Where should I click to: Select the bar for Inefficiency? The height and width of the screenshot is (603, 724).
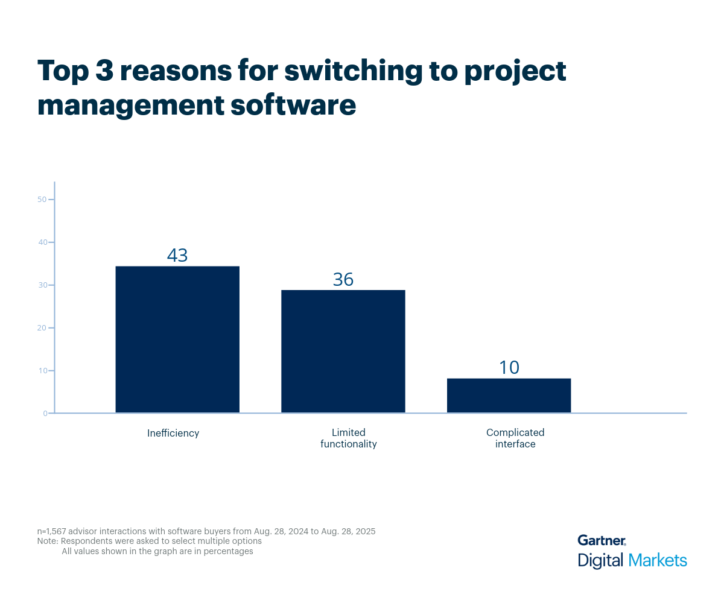[x=177, y=339]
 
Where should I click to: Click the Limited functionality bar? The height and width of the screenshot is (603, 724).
[x=343, y=352]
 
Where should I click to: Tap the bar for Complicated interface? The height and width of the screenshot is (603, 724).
[x=509, y=396]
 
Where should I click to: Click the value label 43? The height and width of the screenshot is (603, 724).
[x=177, y=255]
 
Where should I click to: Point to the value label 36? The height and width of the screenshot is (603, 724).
[x=343, y=279]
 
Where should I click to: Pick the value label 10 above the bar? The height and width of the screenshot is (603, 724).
[x=509, y=367]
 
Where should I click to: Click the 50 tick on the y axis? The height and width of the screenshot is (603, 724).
[x=42, y=200]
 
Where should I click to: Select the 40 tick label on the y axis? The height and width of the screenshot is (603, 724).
[x=42, y=242]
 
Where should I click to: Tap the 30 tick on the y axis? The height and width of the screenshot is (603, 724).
[x=42, y=285]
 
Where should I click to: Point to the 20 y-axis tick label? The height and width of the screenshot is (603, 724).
[x=42, y=328]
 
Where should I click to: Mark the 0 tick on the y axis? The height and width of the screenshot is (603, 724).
[x=45, y=414]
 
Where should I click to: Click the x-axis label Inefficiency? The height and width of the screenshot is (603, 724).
[x=173, y=433]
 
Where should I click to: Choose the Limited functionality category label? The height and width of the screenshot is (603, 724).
[x=349, y=438]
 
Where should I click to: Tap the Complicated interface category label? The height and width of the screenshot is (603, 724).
[x=515, y=438]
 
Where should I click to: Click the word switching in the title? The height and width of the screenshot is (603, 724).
[x=353, y=72]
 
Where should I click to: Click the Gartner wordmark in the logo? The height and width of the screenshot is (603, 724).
[x=602, y=540]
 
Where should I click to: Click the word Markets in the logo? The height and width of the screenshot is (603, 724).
[x=658, y=560]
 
